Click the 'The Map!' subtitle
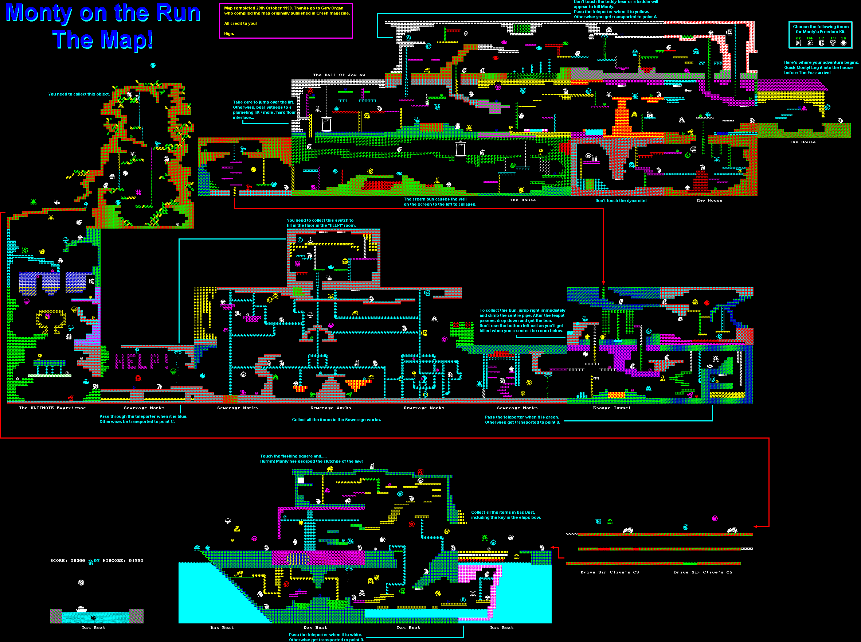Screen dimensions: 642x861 pos(103,40)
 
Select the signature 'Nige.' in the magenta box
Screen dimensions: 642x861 pos(229,34)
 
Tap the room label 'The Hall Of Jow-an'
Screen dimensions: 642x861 pos(339,75)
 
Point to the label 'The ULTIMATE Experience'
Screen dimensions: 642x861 pos(52,408)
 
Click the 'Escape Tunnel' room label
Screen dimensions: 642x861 pos(612,408)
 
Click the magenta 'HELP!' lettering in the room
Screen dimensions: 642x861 pos(141,361)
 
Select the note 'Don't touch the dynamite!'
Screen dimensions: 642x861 pos(621,201)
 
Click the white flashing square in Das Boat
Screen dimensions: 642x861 pos(301,480)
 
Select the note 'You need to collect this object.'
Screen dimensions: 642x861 pos(79,94)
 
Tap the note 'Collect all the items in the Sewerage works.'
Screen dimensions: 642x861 pos(336,420)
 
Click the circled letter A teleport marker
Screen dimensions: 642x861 pos(408,38)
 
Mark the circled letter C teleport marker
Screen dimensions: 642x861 pos(300,240)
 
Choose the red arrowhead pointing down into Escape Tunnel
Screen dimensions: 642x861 pos(603,283)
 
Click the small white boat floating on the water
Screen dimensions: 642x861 pos(81,609)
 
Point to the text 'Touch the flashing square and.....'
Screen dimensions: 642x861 pos(293,456)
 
